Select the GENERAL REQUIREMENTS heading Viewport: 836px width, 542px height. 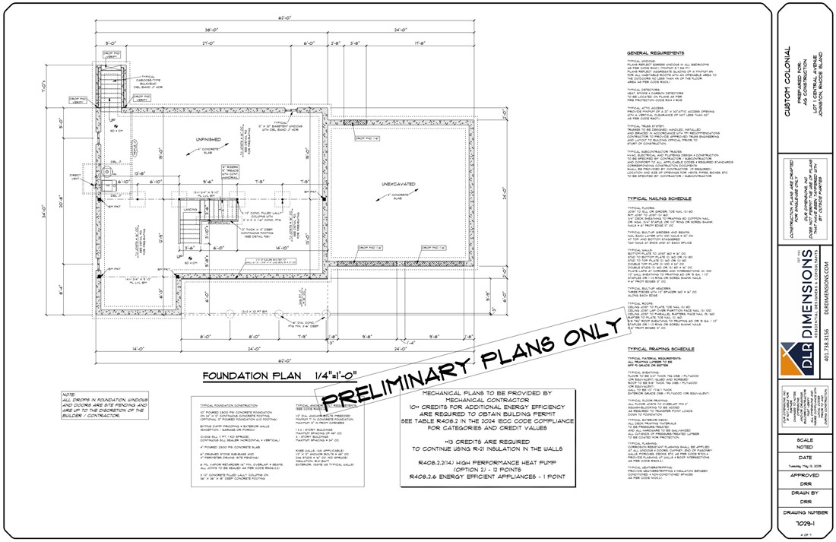656,52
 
